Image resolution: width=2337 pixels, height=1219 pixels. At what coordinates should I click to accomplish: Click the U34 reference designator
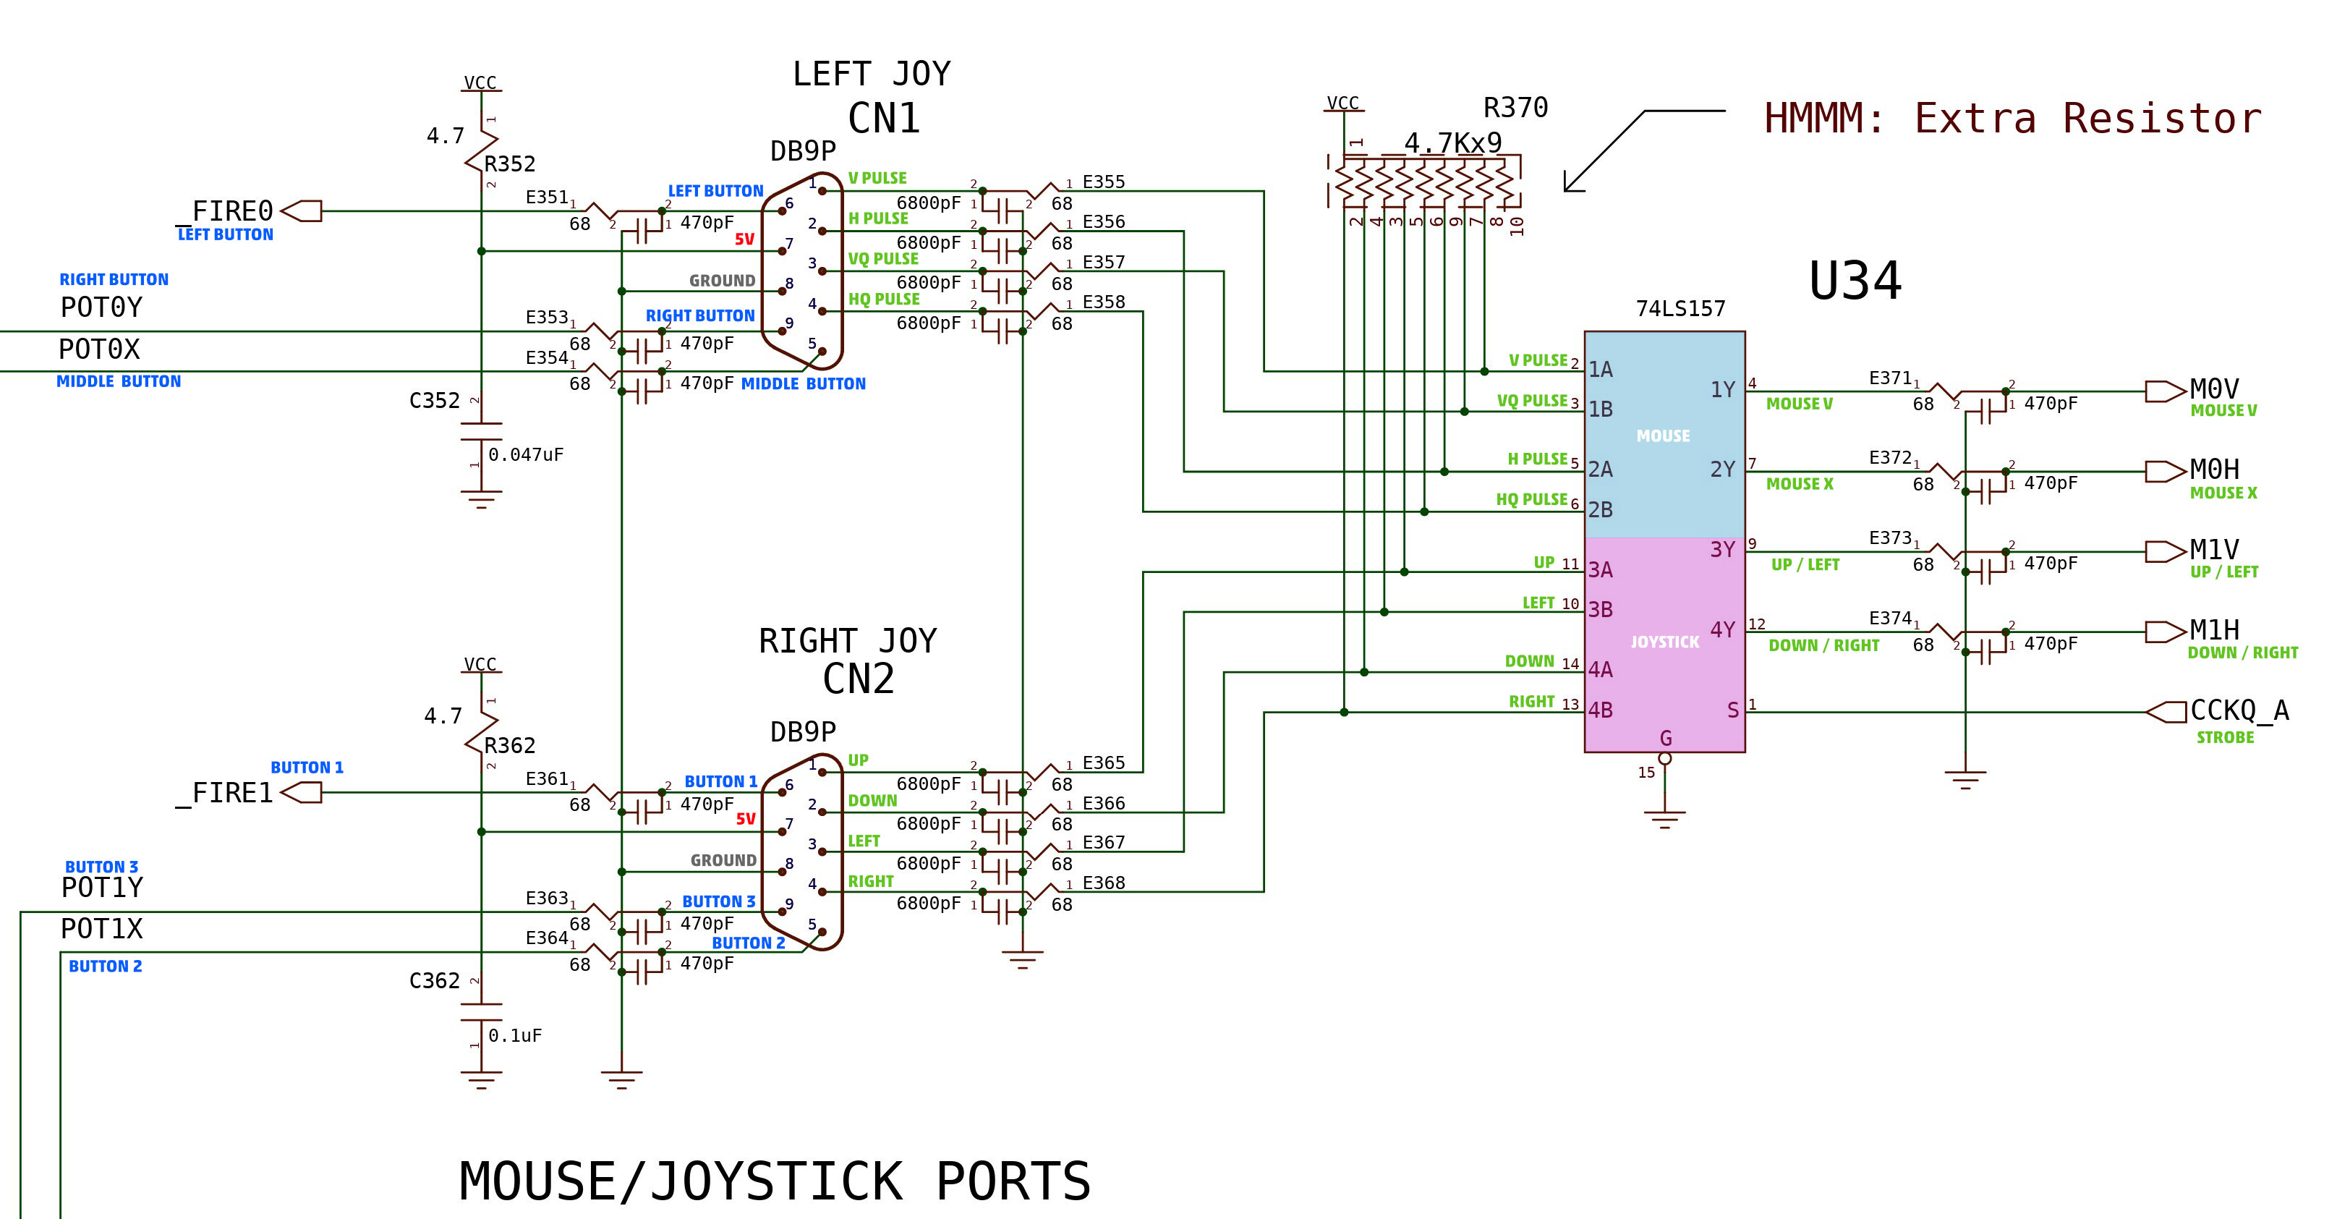click(x=1855, y=281)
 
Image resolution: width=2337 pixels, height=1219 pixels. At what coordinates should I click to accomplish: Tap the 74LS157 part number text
click(x=1680, y=309)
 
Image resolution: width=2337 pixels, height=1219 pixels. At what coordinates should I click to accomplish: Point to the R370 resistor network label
click(x=1515, y=108)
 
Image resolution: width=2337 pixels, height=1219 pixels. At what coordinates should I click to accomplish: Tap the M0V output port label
click(x=2213, y=389)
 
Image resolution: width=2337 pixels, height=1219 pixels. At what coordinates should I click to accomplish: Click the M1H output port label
click(x=2213, y=630)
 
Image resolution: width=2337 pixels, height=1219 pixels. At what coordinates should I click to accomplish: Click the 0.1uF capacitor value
click(x=514, y=1036)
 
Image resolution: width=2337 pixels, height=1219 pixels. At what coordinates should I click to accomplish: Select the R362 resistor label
click(x=509, y=745)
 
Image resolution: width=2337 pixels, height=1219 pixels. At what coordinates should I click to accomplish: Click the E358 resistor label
click(x=1103, y=302)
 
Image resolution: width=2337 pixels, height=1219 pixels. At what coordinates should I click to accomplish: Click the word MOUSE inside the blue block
click(x=1662, y=436)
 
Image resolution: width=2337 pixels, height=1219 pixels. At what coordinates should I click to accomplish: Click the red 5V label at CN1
click(x=744, y=239)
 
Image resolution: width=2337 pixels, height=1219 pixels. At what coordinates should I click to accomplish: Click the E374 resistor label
click(x=1890, y=618)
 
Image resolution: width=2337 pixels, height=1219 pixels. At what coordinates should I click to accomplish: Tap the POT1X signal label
click(x=101, y=929)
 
